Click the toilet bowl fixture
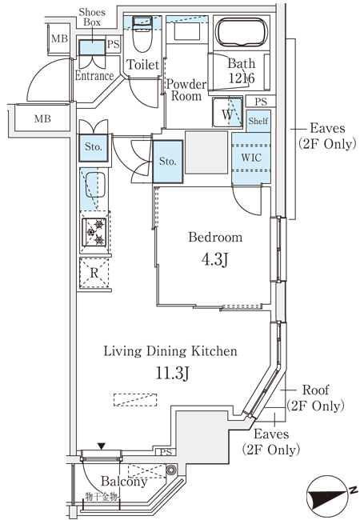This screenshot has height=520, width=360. [x=142, y=35]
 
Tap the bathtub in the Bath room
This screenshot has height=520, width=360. [x=241, y=33]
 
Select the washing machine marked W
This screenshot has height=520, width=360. [x=227, y=112]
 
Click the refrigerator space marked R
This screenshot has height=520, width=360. [x=94, y=273]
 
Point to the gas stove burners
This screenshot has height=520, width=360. [x=94, y=232]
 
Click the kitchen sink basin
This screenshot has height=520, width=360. [x=95, y=185]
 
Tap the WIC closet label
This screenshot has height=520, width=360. [x=251, y=158]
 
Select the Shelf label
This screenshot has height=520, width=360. [x=258, y=121]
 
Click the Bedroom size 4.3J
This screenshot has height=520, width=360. [x=215, y=259]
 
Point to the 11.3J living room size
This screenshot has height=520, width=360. [x=172, y=373]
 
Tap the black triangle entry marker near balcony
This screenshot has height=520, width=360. [x=102, y=446]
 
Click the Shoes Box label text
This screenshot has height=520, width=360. [x=92, y=18]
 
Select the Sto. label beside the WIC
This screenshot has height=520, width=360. [x=168, y=162]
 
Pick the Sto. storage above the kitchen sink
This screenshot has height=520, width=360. [x=94, y=147]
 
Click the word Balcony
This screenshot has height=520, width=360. [x=124, y=481]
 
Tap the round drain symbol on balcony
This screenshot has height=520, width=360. [x=171, y=470]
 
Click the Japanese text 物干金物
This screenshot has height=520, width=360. [x=102, y=497]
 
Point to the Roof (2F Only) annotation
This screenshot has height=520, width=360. [x=315, y=398]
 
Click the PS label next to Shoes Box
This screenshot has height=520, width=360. [x=114, y=44]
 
